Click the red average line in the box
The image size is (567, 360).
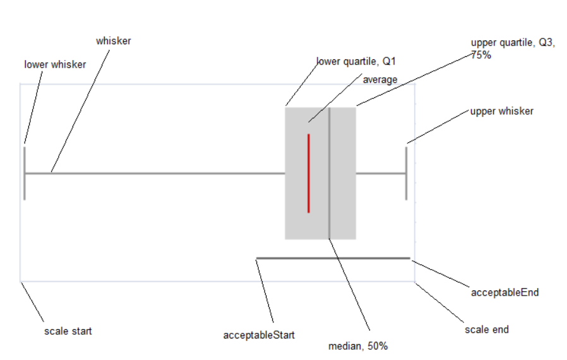coord(308,174)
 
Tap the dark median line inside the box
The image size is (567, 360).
coord(329,189)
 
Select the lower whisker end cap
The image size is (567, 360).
coord(25,173)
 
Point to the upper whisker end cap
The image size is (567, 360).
coord(406,173)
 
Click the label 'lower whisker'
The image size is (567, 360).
coord(55,64)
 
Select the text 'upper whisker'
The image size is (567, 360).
coord(501,111)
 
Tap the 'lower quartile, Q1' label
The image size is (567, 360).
coord(355,61)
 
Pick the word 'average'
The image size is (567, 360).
coord(380,80)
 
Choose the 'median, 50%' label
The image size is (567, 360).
coord(358,346)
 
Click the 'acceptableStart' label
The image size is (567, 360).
coord(259,335)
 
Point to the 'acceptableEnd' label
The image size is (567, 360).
coord(504,292)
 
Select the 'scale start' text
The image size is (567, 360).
coord(68,330)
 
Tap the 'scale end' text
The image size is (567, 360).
coord(486,329)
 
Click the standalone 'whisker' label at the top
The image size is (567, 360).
coord(114,41)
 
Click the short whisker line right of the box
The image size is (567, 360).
coord(381,173)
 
